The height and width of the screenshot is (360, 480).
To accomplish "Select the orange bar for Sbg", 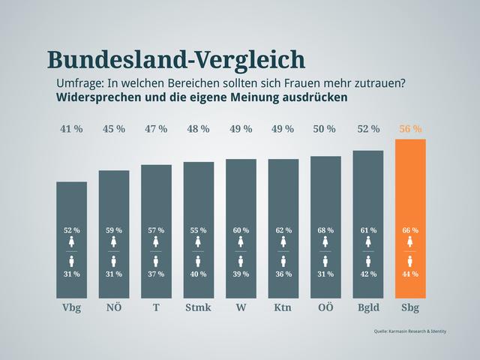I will coord(410,187).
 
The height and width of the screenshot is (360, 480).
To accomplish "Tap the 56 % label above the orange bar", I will coord(410,129).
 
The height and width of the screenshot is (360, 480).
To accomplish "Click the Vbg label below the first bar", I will coord(71,307).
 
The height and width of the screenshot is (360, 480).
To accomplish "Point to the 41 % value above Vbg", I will coord(71,129).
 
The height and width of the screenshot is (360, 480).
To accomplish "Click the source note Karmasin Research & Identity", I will coord(409,331).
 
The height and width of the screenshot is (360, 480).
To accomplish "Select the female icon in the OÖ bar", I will coord(325,242).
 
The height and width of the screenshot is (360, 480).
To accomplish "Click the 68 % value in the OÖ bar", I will coord(325,229).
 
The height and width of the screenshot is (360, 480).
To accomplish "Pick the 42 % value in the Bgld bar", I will coord(367,274).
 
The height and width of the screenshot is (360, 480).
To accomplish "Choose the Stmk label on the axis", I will coord(198,307).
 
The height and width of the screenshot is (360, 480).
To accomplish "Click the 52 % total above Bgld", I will coord(367,129).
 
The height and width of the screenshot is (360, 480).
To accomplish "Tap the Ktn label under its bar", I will coord(283,307).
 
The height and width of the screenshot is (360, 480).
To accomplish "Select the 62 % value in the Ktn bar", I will coord(283,229).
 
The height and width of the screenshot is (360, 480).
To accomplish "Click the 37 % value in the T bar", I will coord(156,274).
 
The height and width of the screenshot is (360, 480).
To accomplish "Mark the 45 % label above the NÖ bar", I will coord(113,129).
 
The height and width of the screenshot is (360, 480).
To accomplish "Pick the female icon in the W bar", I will coord(241,242).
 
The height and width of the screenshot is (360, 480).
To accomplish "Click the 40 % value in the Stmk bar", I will coord(198,274).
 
